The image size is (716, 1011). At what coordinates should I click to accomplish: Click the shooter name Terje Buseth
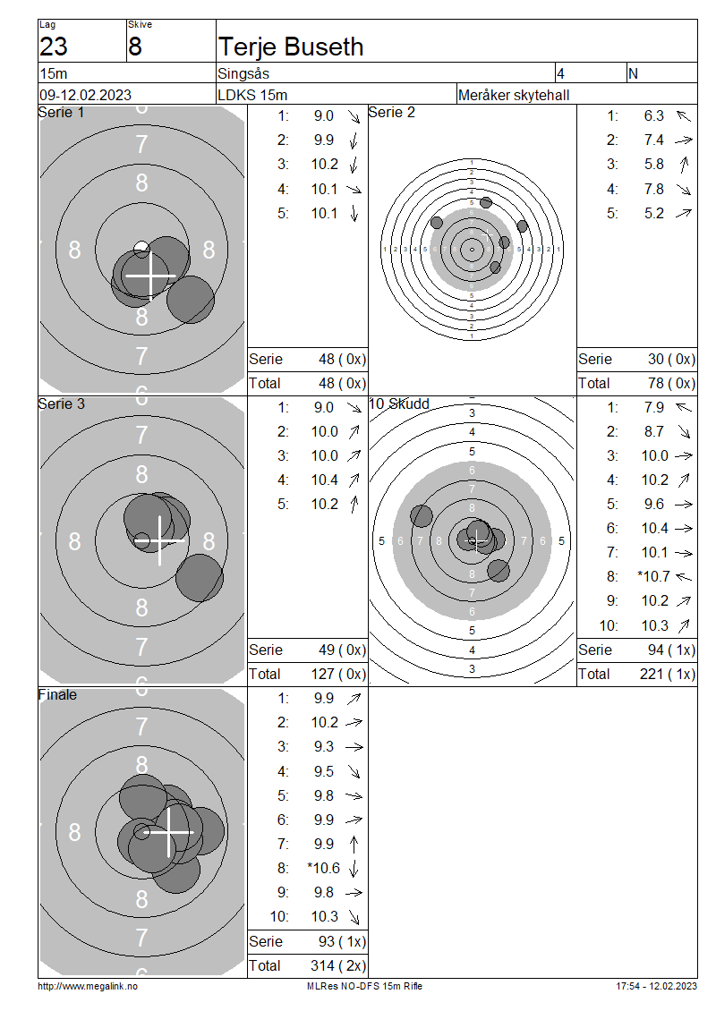tap(291, 47)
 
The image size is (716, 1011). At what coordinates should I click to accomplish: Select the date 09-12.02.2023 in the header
tap(86, 96)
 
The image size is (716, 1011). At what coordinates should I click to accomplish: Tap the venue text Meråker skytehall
tap(514, 96)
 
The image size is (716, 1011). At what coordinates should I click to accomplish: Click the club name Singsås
tap(243, 73)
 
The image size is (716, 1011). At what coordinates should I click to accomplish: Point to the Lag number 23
tap(54, 47)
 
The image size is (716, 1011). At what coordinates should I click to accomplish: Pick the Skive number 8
tap(135, 47)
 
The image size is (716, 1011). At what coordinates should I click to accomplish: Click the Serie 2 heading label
tap(391, 112)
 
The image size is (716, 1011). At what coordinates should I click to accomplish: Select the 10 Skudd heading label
tap(399, 404)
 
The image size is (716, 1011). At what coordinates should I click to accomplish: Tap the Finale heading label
tap(57, 694)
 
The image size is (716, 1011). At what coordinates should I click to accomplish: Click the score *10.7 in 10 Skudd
tap(654, 576)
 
